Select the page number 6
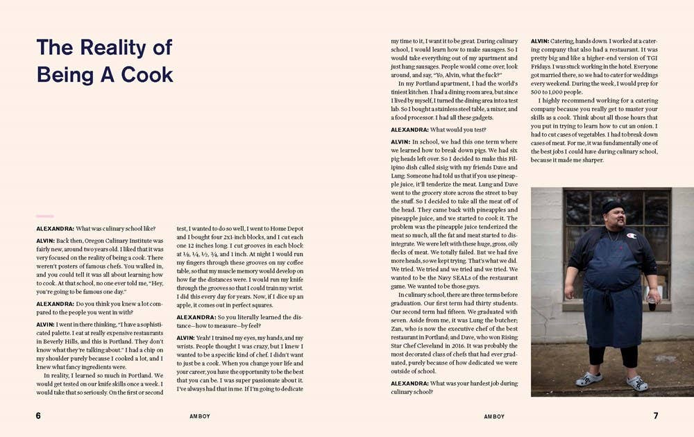click(38, 415)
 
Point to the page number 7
click(655, 415)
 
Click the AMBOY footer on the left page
click(200, 416)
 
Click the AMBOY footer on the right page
click(494, 416)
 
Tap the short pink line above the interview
click(44, 216)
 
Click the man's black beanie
click(612, 207)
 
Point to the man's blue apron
click(611, 291)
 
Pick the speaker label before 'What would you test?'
click(409, 130)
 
